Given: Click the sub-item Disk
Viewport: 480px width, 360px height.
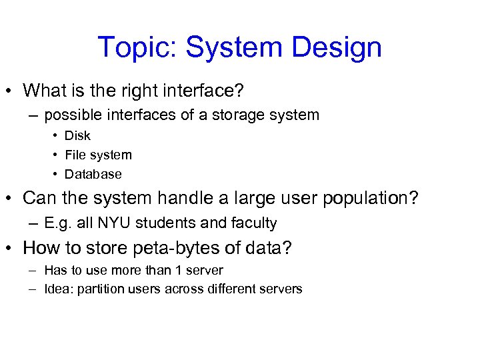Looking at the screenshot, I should [77, 135].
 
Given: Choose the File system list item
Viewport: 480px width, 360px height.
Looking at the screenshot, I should [98, 155].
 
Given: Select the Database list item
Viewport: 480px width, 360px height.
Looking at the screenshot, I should [93, 174].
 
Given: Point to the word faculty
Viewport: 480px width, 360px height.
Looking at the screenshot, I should [253, 223].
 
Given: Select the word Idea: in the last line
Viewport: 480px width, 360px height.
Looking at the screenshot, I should [59, 289].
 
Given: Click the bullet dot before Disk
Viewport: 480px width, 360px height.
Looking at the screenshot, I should [55, 136].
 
